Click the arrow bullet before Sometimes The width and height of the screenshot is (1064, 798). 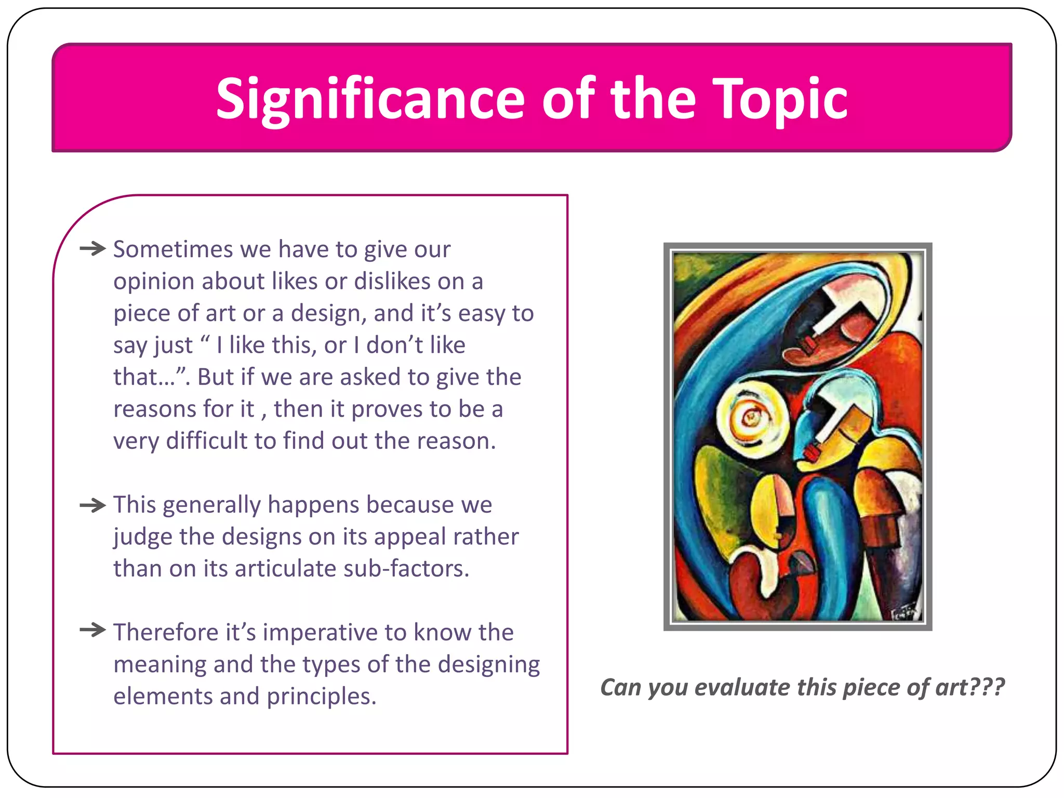(x=92, y=249)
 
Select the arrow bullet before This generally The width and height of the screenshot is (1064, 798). (x=92, y=504)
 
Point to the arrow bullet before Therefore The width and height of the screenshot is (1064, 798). (x=92, y=631)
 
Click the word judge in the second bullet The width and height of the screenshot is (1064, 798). (x=143, y=537)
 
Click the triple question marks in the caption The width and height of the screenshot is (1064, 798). (x=988, y=687)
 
